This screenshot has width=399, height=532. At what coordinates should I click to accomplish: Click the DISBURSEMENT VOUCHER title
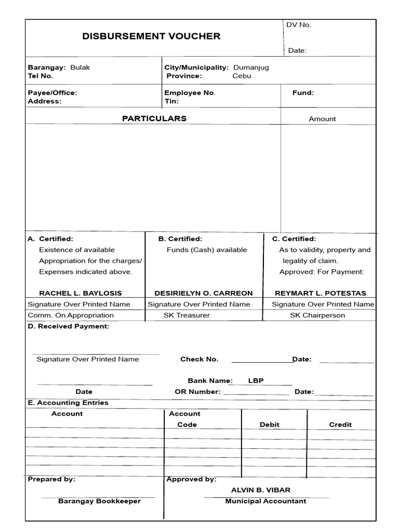(x=151, y=36)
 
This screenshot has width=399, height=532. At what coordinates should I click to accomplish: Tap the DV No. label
(x=299, y=25)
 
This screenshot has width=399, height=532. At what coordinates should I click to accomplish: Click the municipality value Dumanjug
(x=251, y=68)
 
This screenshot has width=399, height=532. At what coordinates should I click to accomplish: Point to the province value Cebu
(x=242, y=76)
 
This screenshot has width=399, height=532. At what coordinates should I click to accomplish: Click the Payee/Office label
(x=52, y=92)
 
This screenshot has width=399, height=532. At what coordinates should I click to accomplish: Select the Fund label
(x=303, y=92)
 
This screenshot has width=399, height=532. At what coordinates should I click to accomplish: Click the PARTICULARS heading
(x=154, y=118)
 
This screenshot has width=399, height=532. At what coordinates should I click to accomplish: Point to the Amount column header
(x=322, y=119)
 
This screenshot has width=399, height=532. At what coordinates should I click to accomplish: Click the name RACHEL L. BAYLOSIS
(x=81, y=293)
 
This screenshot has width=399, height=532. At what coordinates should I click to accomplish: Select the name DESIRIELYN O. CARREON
(x=204, y=293)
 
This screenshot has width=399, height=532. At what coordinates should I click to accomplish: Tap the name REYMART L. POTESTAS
(x=321, y=293)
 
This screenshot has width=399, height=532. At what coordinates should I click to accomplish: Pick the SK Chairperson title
(x=317, y=315)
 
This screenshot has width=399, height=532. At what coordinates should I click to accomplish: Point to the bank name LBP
(x=256, y=380)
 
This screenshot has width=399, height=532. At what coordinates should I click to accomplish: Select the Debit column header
(x=270, y=424)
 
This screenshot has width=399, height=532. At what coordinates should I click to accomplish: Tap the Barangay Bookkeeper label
(x=99, y=501)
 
